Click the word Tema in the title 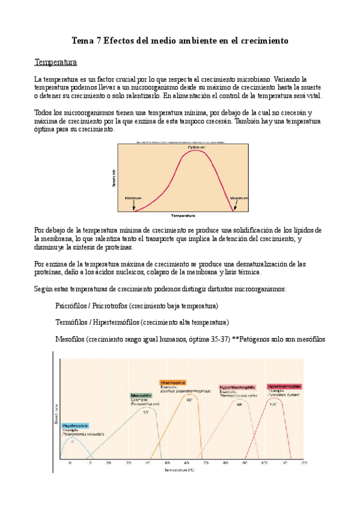click(x=82, y=41)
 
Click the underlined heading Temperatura click(x=55, y=63)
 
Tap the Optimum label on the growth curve click(x=195, y=147)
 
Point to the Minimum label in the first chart click(x=133, y=197)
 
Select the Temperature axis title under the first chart click(x=183, y=215)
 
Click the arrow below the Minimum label click(x=133, y=206)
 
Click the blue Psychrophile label click(x=75, y=425)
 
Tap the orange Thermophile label click(x=173, y=382)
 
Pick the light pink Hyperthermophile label click(x=237, y=386)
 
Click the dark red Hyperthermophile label click(x=284, y=386)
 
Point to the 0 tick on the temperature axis click(x=70, y=463)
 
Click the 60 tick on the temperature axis click(x=186, y=463)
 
